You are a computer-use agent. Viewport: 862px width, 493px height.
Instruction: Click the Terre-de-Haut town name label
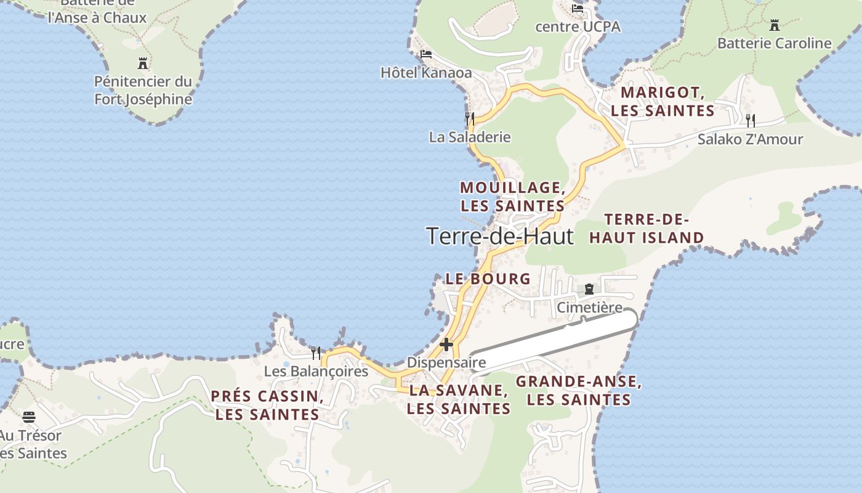click(x=500, y=236)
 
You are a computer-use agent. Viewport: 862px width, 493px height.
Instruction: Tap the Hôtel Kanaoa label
click(x=426, y=73)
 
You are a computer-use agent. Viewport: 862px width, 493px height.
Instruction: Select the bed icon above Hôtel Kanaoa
click(x=425, y=54)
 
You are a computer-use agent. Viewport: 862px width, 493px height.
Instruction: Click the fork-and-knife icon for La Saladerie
click(x=470, y=118)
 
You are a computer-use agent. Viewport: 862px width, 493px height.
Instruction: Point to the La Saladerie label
click(x=470, y=137)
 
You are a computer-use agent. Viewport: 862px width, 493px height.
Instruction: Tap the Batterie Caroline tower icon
click(x=775, y=25)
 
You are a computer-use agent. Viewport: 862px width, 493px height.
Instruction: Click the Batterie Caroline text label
click(x=775, y=43)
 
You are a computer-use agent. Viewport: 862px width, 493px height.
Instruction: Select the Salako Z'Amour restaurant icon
click(x=750, y=120)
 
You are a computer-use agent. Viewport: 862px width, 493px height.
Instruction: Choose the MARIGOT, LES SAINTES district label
click(x=663, y=102)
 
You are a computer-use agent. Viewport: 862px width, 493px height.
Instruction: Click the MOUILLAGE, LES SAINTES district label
click(x=512, y=196)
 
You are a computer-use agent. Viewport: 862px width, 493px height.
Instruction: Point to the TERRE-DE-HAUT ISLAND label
click(x=647, y=229)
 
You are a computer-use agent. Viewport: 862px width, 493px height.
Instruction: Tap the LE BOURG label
click(x=488, y=279)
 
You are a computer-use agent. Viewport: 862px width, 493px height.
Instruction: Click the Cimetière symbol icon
click(x=589, y=288)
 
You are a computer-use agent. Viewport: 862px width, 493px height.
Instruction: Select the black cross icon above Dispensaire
click(x=446, y=344)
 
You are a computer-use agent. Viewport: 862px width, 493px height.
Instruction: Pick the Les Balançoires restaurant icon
click(x=315, y=352)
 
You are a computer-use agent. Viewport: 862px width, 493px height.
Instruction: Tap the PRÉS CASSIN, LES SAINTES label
click(x=267, y=405)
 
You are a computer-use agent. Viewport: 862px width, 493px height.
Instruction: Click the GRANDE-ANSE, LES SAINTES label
click(x=579, y=390)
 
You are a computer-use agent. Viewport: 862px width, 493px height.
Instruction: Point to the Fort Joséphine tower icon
click(x=143, y=63)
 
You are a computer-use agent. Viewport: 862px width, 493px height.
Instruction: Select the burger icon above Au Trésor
click(x=29, y=417)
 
